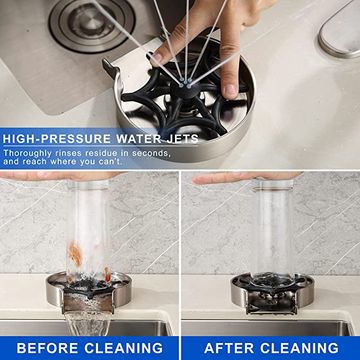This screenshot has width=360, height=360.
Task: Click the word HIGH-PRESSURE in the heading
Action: (56, 139)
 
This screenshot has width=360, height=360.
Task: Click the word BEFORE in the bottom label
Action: (48, 348)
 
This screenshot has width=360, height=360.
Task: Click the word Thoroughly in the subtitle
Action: (28, 154)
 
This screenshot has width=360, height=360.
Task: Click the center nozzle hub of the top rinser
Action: (184, 87)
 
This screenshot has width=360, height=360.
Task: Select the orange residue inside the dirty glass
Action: (75, 255)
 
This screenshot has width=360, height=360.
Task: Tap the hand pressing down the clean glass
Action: (247, 177)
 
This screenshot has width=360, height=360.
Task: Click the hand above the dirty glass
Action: (57, 176)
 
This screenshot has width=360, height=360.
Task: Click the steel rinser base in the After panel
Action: (273, 292)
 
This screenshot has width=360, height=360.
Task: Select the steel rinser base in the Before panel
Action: (88, 292)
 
